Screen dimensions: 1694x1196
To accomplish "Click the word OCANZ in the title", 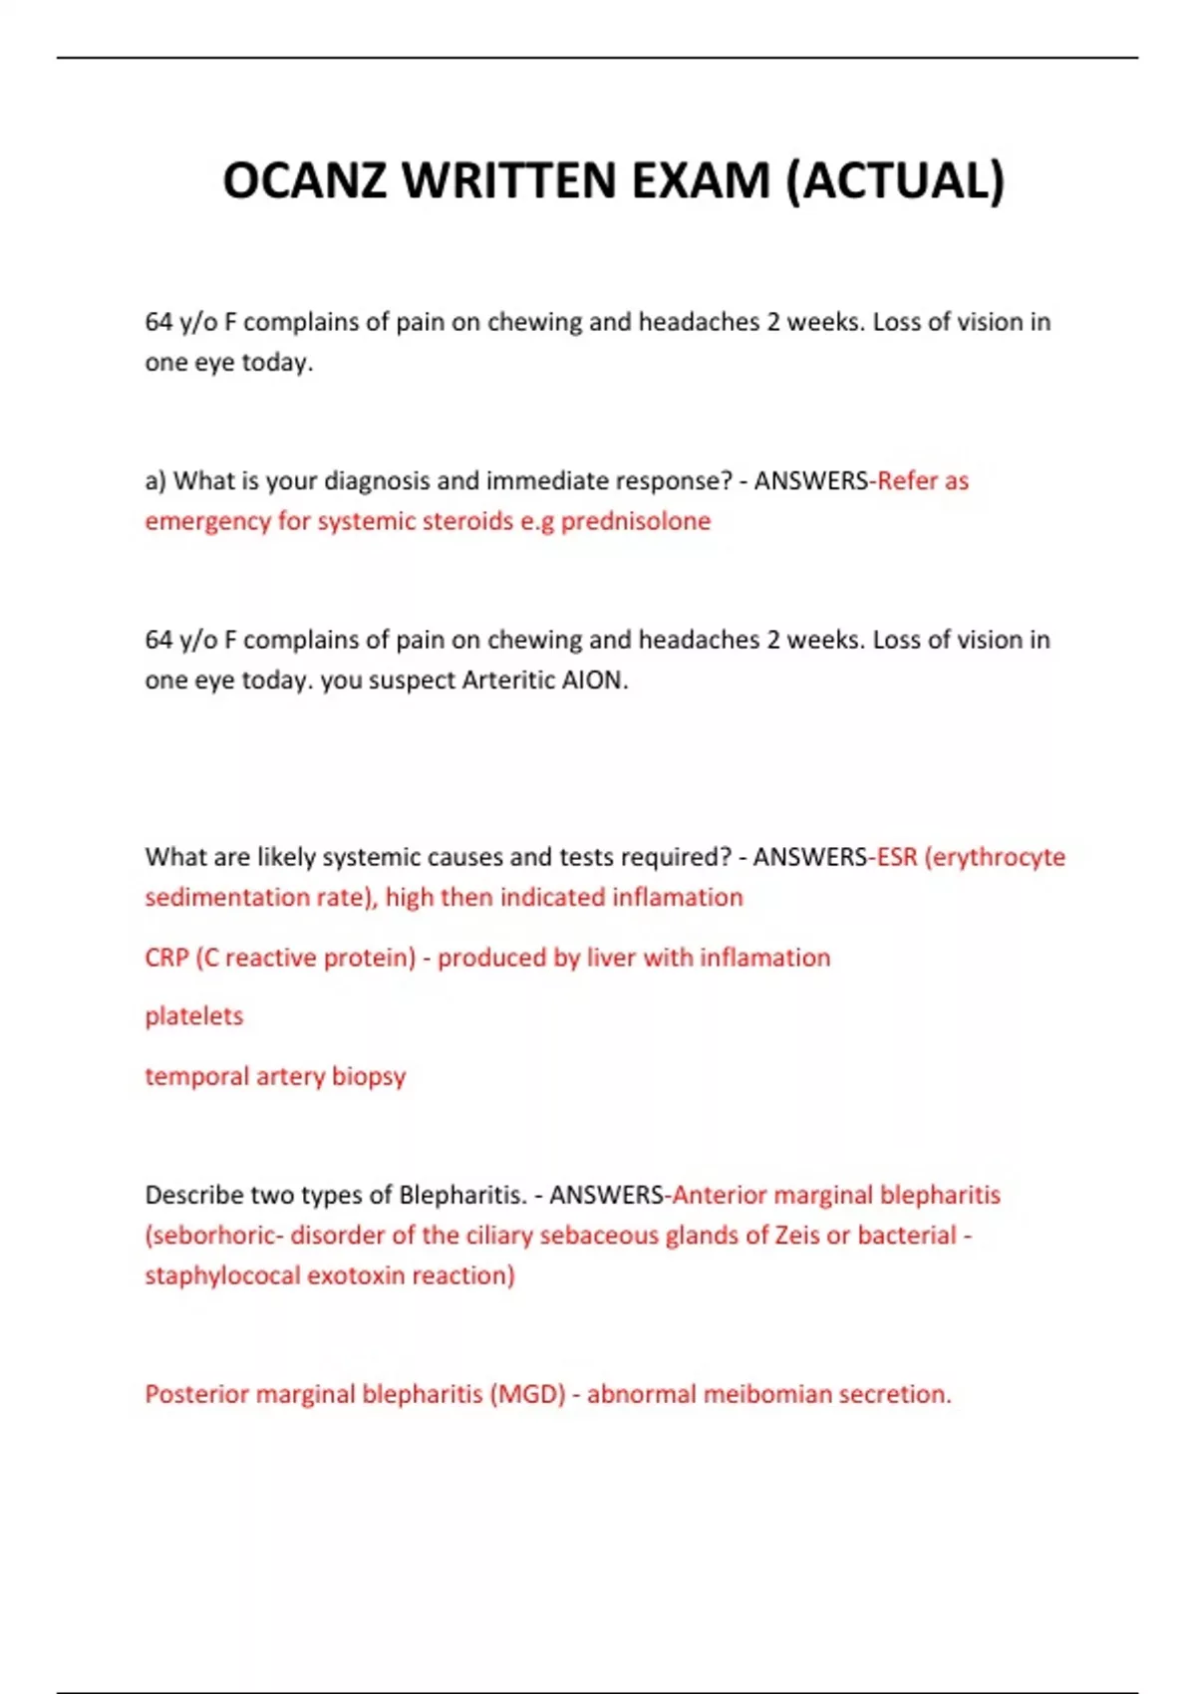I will (x=304, y=181).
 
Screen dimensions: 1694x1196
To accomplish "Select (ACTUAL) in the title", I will (x=895, y=181).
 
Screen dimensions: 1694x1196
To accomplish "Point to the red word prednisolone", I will (x=635, y=521).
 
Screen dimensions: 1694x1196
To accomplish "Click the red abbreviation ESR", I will (x=897, y=857).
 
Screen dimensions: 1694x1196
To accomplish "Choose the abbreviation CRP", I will (x=166, y=958).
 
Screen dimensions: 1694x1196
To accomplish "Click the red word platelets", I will (x=193, y=1016).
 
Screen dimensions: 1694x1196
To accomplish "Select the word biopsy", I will (x=369, y=1077).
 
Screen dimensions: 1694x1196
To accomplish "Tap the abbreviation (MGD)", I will (x=527, y=1394).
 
